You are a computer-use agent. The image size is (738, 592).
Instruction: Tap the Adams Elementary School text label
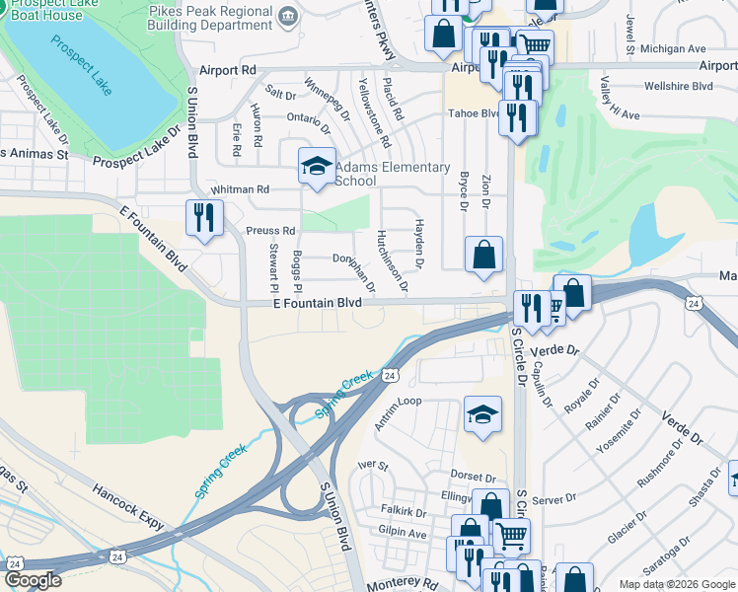click(393, 174)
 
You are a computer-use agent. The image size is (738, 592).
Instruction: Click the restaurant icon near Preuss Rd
click(204, 217)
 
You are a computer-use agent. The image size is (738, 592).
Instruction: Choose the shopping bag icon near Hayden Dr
click(483, 255)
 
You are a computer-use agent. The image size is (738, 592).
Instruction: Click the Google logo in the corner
click(33, 580)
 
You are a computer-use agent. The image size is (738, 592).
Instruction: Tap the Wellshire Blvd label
click(678, 86)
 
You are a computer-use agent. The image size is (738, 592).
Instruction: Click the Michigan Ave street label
click(673, 48)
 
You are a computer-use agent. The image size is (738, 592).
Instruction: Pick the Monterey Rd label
click(402, 585)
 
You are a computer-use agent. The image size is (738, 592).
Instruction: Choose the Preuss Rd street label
click(270, 231)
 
